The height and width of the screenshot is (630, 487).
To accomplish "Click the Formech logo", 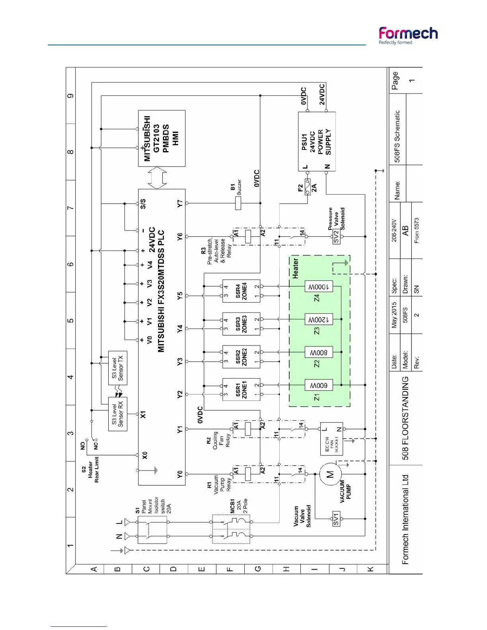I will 408,35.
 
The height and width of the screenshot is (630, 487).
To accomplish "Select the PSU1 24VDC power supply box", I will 317,142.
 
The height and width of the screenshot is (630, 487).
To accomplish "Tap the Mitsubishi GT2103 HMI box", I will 162,138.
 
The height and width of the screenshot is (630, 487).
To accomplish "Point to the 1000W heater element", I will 319,287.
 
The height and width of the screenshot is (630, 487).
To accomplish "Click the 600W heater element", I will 319,385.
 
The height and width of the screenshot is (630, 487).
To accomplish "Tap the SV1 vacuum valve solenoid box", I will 336,519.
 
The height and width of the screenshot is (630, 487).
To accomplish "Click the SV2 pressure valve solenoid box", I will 336,237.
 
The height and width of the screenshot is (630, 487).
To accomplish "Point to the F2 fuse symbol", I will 308,187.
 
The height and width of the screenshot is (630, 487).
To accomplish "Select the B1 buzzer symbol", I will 238,203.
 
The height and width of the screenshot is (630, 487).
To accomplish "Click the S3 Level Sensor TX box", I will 118,368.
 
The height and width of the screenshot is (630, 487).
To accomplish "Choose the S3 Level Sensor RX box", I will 118,414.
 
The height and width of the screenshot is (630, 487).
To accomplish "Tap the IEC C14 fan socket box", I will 331,439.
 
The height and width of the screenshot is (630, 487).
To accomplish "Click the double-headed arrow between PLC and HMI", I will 158,178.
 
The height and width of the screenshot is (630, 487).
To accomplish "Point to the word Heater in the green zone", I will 295,268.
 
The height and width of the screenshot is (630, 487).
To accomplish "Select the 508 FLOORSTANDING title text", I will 405,418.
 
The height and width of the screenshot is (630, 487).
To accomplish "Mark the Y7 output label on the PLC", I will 180,203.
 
